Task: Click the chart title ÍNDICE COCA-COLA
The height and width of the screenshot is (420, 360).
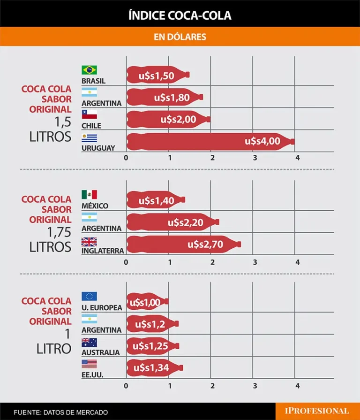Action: [x=180, y=16]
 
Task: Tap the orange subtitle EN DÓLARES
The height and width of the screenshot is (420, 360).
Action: [x=180, y=37]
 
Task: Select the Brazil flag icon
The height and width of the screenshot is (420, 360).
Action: [x=89, y=69]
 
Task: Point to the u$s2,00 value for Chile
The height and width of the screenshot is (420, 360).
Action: [x=178, y=119]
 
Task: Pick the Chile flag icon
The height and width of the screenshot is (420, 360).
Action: [x=89, y=115]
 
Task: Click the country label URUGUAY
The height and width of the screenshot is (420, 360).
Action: [x=98, y=148]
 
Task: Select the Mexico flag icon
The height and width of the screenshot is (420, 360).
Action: [x=89, y=194]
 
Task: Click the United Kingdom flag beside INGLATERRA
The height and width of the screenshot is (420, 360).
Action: [x=89, y=242]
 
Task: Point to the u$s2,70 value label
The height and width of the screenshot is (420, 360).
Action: [x=205, y=244]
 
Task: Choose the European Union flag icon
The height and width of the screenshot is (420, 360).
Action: [x=89, y=296]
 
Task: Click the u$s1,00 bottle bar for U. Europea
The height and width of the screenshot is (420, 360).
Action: [x=146, y=302]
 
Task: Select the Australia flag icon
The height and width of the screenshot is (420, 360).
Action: [x=89, y=342]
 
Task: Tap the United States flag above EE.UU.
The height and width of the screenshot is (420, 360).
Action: [x=89, y=364]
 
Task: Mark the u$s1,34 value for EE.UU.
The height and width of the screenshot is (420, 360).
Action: [x=150, y=368]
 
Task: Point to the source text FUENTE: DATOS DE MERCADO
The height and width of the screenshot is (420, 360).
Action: [x=61, y=412]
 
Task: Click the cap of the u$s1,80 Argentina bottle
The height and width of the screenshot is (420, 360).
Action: [x=201, y=97]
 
